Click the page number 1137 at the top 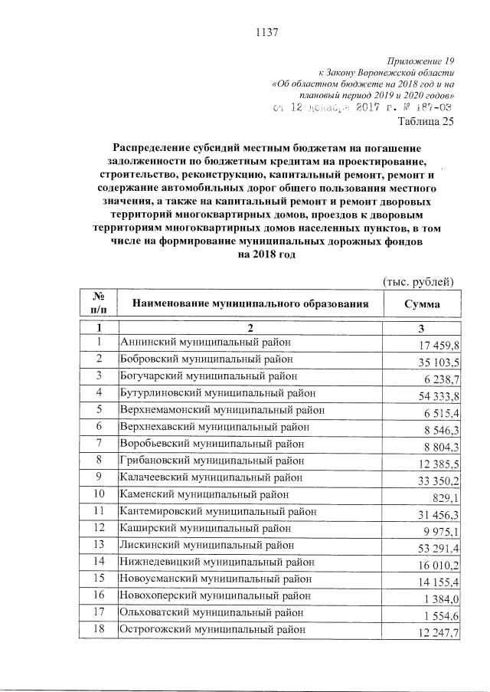(x=265, y=32)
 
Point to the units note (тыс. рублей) (x=418, y=281)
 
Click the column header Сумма (x=422, y=304)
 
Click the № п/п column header (x=99, y=304)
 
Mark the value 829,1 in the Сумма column (x=446, y=496)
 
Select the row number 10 (x=99, y=494)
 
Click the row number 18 (x=99, y=628)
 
